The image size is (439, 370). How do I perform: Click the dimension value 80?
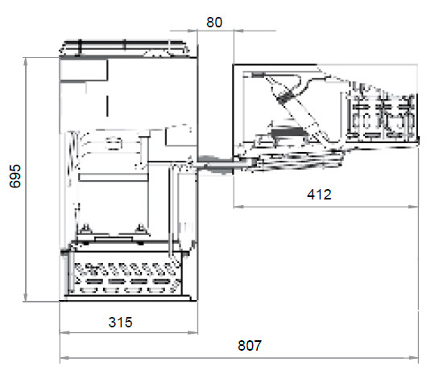click(214, 23)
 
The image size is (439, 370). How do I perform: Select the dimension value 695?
click(15, 176)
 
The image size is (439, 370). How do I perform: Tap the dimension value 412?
click(319, 195)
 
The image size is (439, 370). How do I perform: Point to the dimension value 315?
click(120, 322)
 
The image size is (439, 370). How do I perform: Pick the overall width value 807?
click(250, 345)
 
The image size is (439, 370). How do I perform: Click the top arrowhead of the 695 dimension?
click(26, 62)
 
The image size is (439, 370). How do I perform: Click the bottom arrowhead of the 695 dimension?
click(26, 297)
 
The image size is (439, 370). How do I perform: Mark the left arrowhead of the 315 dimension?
click(64, 332)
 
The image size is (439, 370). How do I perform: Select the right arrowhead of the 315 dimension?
click(193, 332)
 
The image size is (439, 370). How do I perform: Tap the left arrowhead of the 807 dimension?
click(65, 358)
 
